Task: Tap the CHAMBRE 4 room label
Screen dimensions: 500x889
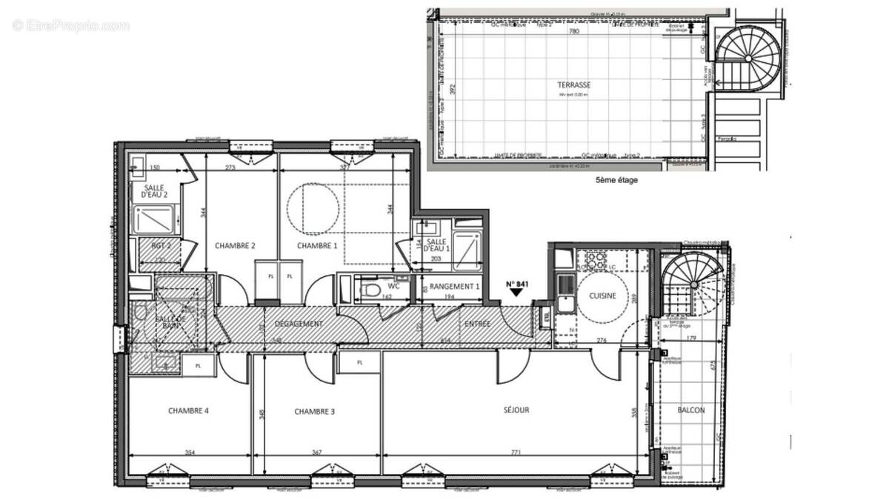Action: coord(188,411)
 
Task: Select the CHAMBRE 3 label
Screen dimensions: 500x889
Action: coord(314,411)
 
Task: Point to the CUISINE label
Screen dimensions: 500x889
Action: coord(605,296)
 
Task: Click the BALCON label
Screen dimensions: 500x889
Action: coord(690,410)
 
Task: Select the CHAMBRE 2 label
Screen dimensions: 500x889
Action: coord(235,245)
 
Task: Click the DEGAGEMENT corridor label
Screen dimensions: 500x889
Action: coord(298,324)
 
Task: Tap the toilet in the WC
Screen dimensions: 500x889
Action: coord(372,287)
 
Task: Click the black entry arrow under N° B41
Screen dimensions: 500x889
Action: coord(516,293)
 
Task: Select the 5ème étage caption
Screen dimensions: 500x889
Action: coord(616,180)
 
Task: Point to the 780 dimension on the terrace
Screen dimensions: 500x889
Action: coord(573,33)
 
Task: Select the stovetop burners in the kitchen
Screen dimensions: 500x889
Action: coord(596,260)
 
